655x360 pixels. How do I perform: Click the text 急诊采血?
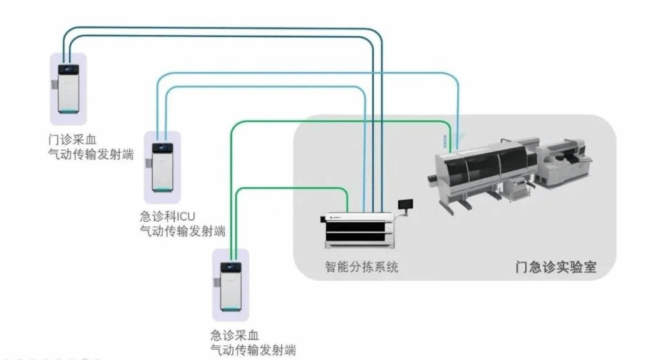(233, 335)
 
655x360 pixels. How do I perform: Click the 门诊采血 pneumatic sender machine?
(68, 90)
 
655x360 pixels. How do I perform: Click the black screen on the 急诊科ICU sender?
(161, 148)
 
